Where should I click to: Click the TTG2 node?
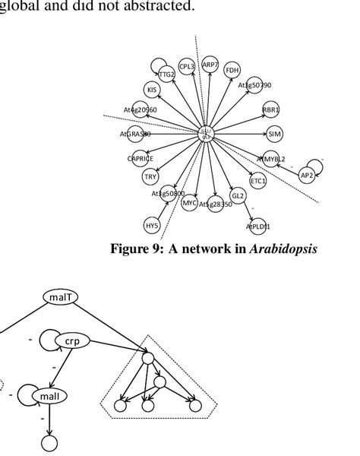[x=167, y=74]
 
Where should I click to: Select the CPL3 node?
[x=187, y=67]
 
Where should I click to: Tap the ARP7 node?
[x=210, y=66]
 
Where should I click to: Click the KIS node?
[x=153, y=90]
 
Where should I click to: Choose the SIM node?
[x=275, y=135]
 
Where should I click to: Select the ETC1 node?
[x=258, y=182]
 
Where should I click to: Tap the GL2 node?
[x=238, y=196]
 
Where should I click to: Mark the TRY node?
[x=150, y=177]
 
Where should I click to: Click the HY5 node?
[x=152, y=225]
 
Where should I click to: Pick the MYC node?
[x=190, y=204]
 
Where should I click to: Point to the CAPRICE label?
[x=141, y=158]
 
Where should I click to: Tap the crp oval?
[x=73, y=342]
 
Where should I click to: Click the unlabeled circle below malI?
[x=49, y=443]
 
